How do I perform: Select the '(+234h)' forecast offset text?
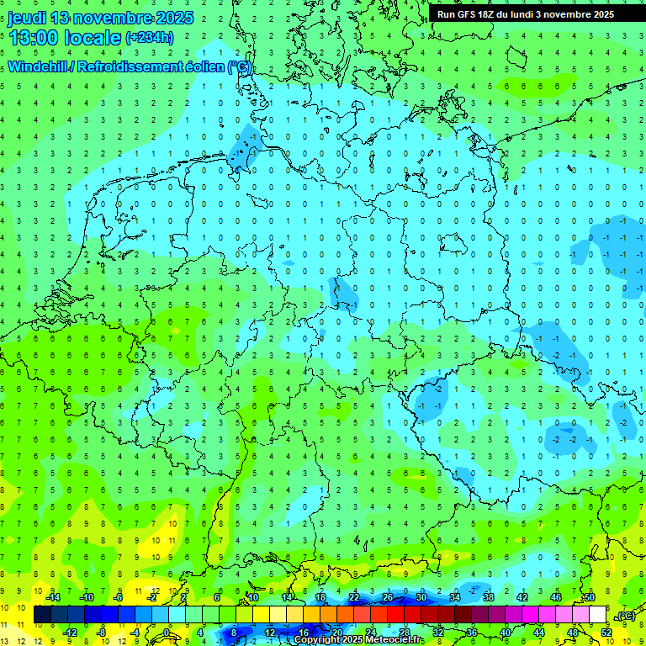tap(149, 37)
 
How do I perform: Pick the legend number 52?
tap(606, 632)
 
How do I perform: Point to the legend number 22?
tap(354, 597)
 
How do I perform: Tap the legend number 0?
tap(167, 632)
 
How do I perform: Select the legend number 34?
tap(455, 597)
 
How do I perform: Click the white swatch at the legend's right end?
tap(597, 615)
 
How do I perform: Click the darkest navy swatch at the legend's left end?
tap(42, 615)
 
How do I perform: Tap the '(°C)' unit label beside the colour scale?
tap(625, 616)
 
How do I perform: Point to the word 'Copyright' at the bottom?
tap(317, 640)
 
